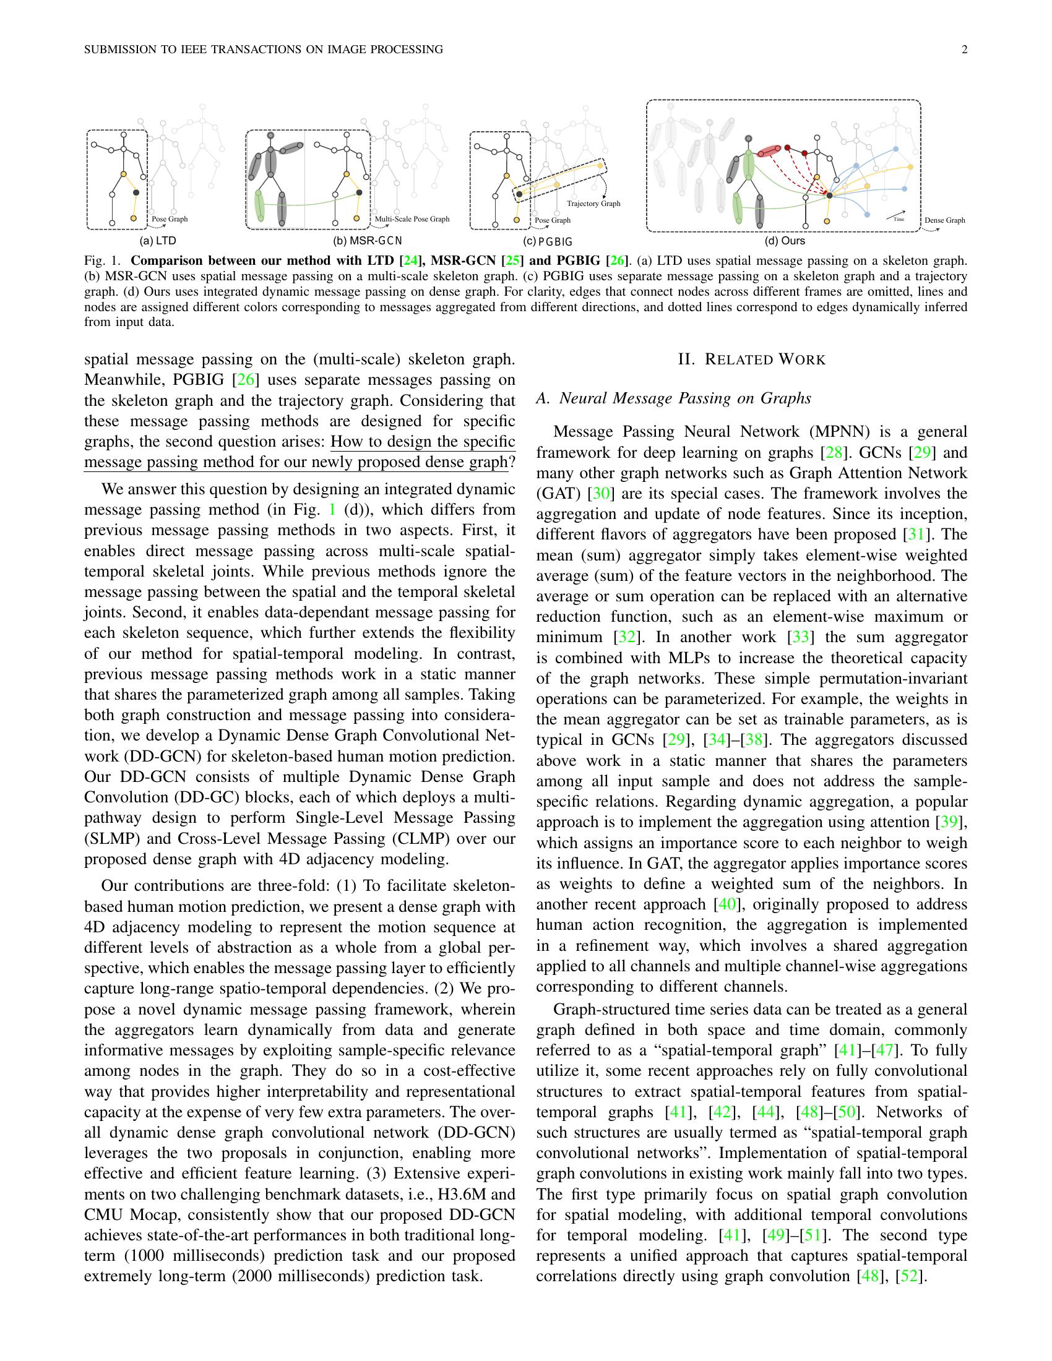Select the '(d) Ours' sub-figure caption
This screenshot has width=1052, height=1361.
click(x=785, y=241)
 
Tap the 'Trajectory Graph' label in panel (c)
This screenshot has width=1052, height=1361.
click(x=593, y=204)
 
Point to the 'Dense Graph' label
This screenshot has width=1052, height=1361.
click(x=944, y=220)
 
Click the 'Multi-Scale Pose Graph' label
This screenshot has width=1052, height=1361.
click(x=412, y=220)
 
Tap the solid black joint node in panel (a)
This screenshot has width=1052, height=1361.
click(x=136, y=194)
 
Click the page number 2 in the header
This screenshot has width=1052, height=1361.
click(x=964, y=50)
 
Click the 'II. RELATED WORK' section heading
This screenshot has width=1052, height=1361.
click(x=752, y=359)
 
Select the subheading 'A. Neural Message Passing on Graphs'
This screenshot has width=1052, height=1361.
click(x=674, y=398)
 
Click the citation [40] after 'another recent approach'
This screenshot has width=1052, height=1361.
click(x=727, y=904)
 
